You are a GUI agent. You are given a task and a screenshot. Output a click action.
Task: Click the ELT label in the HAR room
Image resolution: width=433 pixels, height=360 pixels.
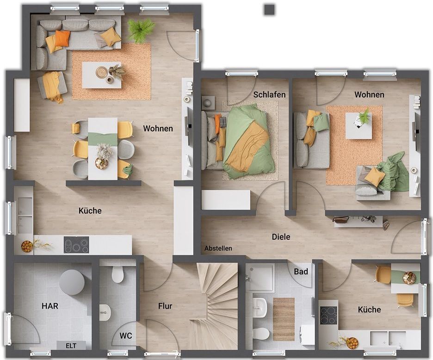pos(71,346)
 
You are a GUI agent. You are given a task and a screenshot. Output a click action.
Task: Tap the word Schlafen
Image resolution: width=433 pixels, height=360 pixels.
pos(269,95)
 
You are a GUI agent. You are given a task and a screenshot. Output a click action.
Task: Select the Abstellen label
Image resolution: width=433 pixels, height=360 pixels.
pos(218,248)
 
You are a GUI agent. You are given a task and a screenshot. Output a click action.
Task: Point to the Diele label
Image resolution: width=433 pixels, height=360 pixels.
pos(281,237)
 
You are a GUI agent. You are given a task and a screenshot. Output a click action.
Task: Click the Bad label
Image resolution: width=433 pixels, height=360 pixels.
pos(301,272)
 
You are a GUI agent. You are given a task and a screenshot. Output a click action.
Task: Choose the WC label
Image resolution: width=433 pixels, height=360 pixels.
pos(126,335)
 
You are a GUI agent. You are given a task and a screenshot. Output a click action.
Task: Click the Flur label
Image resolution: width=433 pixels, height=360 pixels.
pos(165,306)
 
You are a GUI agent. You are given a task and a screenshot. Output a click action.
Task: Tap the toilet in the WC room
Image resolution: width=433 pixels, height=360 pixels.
pos(118,274)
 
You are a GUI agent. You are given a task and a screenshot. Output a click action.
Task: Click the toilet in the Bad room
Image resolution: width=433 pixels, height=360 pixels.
pos(260,334)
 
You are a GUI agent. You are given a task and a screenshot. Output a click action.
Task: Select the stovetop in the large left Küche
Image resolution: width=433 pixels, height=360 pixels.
pos(76,245)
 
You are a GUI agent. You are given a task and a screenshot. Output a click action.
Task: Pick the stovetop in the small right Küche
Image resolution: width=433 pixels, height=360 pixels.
pos(329,316)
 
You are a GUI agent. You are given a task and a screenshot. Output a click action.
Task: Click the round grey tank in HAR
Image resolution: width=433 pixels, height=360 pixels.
pos(72,282)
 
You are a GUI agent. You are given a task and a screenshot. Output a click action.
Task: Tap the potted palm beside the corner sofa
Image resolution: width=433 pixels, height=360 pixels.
pos(141,30)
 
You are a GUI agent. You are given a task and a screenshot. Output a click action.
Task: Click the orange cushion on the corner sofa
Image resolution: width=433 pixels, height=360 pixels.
pos(62,38)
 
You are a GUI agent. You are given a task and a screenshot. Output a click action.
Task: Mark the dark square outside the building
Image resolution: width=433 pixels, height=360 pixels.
pos(270,10)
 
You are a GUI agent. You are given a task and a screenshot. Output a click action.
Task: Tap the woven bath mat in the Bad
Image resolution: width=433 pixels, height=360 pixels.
pos(284,319)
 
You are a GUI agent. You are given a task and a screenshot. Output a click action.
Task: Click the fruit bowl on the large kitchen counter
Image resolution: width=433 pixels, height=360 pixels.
pos(27,247)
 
